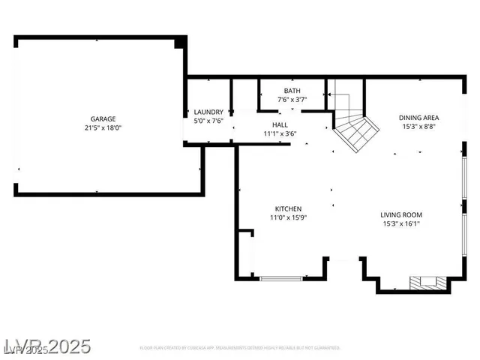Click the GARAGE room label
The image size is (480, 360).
(x=103, y=119)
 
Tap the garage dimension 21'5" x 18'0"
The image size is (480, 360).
(x=103, y=128)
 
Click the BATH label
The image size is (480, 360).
(x=291, y=91)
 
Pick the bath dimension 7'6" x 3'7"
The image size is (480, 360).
(x=291, y=99)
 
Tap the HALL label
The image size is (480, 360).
(x=280, y=125)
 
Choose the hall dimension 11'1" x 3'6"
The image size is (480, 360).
(x=280, y=133)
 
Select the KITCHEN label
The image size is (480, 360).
(x=288, y=209)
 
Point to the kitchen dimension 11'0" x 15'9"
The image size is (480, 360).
(x=288, y=218)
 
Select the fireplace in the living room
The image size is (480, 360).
(x=427, y=283)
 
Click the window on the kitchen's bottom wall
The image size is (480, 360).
(x=281, y=278)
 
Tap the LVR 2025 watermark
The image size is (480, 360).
(x=46, y=346)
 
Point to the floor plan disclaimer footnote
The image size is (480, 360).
(x=239, y=348)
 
